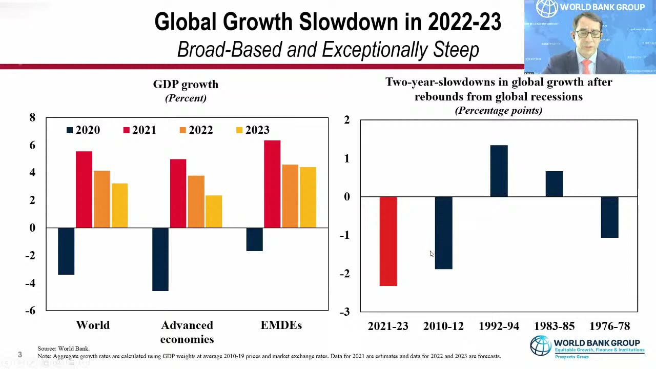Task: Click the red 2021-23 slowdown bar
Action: click(388, 241)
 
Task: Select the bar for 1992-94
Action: click(499, 171)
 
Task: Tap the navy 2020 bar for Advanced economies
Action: click(160, 259)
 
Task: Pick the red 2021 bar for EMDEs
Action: click(272, 184)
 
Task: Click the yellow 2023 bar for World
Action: click(119, 206)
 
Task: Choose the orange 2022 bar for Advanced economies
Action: click(196, 201)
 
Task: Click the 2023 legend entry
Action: click(253, 130)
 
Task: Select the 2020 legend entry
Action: click(83, 130)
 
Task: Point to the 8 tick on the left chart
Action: click(32, 118)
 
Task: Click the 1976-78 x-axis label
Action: click(609, 326)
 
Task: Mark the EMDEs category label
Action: click(281, 325)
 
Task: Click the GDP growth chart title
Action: click(186, 85)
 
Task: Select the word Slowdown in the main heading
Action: click(348, 22)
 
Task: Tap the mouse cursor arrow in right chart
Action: click(432, 254)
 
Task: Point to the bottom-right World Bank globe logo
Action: click(540, 346)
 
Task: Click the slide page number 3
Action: click(20, 354)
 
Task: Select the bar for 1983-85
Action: click(554, 184)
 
